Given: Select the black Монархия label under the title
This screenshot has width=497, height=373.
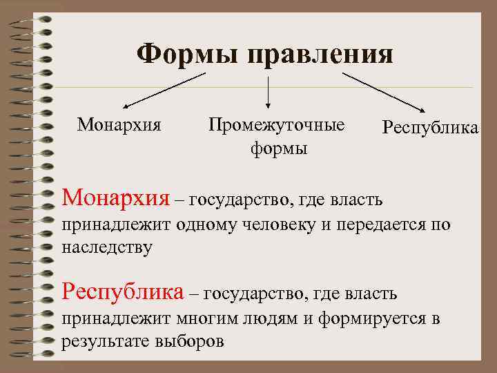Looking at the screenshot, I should coord(119,125).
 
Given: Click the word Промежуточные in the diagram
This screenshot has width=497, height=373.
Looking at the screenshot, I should coord(276,125).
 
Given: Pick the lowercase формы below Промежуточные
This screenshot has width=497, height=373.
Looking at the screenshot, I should coord(279,149).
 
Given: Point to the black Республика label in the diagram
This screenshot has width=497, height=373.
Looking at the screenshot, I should coord(430,128).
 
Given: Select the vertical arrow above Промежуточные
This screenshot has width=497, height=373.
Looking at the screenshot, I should coord(268,92).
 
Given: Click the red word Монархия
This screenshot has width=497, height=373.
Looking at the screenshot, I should coord(115,199).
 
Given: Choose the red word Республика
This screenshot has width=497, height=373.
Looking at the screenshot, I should coord(123,292).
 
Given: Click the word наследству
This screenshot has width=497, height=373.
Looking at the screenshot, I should coord(107,247).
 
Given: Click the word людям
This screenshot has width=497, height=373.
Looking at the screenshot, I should coord(272,319).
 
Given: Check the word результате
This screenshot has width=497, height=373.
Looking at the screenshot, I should coord(106,341).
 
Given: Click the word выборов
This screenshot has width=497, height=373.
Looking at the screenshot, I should coord(191,341).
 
